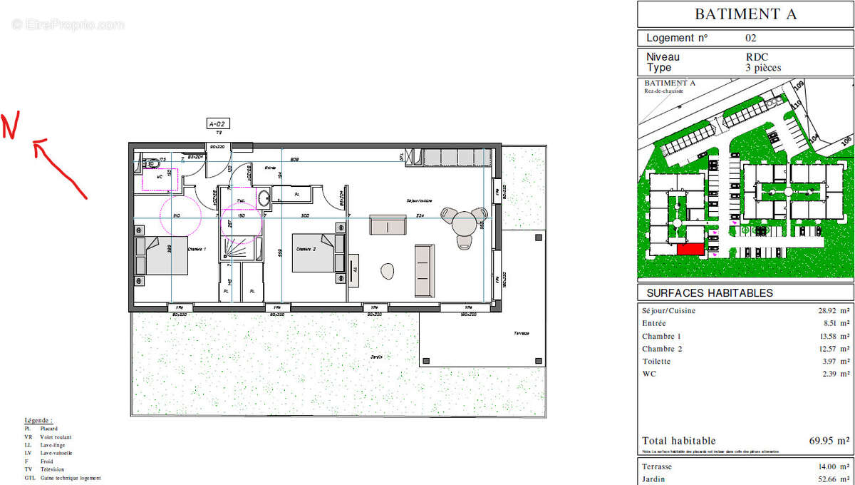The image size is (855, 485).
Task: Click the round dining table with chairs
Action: coord(465,224)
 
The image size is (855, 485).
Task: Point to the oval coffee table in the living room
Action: coord(388,271)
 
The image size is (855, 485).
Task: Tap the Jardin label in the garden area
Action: coord(376,356)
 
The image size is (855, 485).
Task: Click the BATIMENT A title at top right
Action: coord(745,14)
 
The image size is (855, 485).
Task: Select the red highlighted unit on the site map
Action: coord(690,249)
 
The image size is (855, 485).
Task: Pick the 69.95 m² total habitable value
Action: coord(829,441)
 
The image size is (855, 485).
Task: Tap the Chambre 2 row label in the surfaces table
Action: coord(662,349)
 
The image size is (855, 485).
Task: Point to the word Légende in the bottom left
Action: coord(38,421)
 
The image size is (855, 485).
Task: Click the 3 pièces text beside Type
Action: coord(763,68)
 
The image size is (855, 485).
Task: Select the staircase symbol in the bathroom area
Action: coord(236,247)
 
